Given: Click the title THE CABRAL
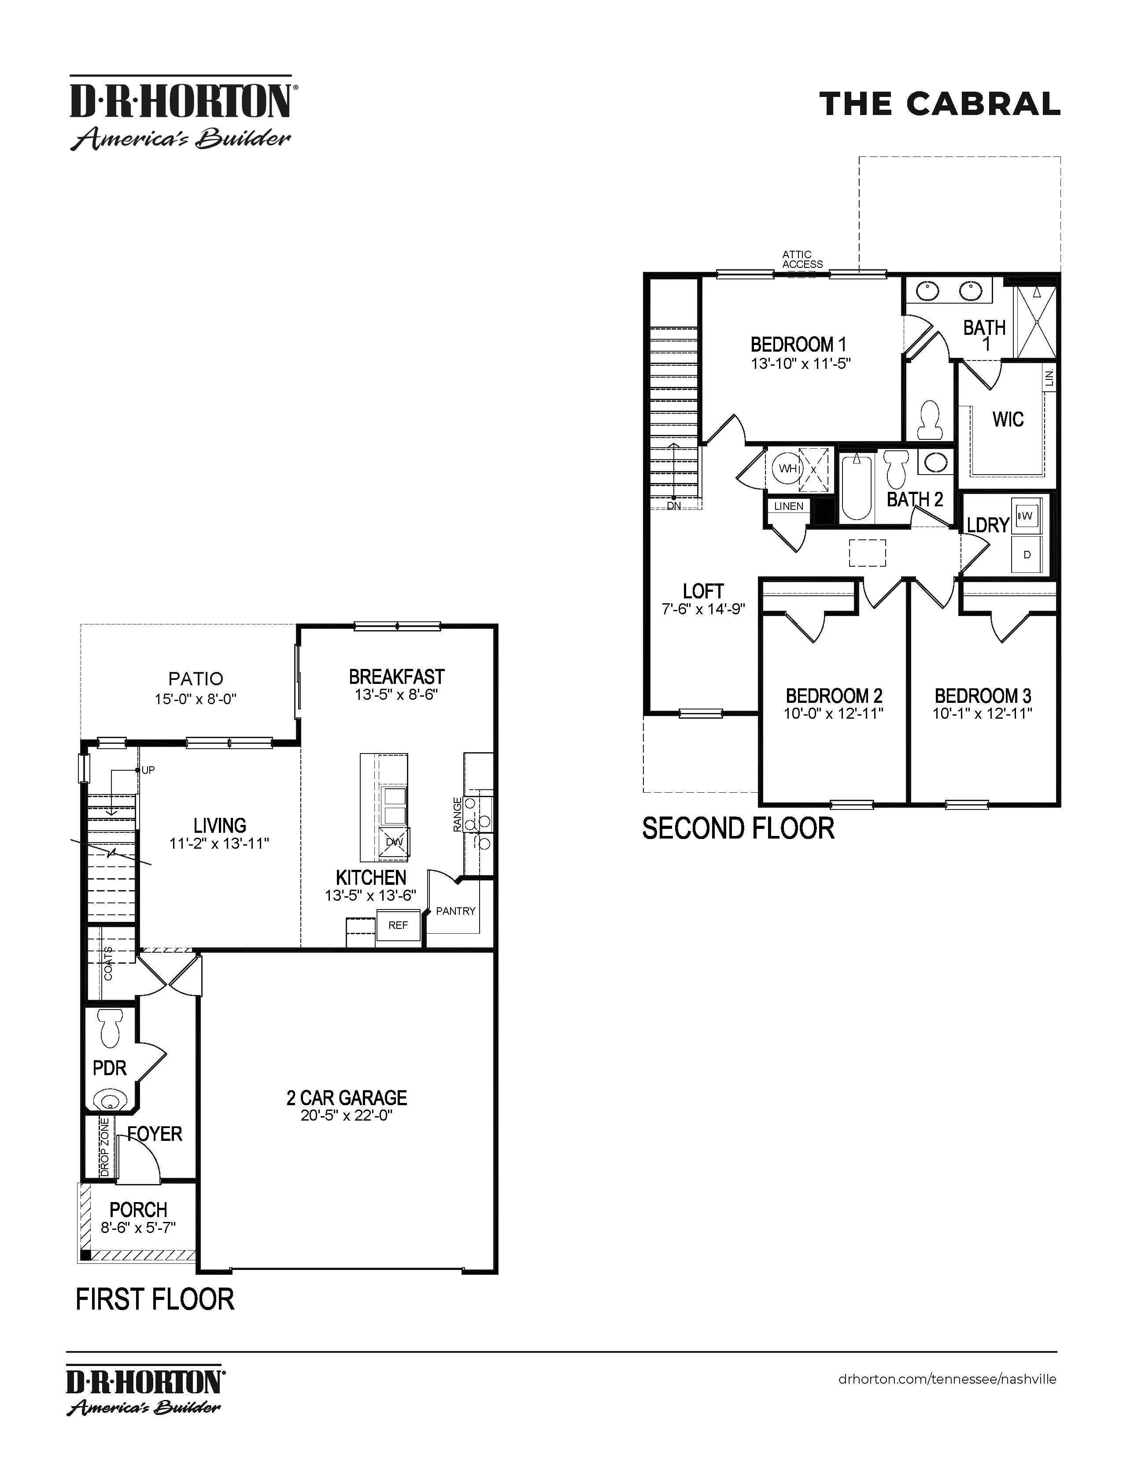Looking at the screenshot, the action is [939, 104].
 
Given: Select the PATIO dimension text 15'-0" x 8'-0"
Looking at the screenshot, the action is [196, 699].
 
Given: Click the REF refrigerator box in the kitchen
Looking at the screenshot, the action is [398, 925].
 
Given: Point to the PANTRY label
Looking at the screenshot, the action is [455, 910].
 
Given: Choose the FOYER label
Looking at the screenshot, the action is [155, 1134].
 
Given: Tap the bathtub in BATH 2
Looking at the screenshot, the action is [857, 486].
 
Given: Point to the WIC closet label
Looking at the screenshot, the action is [1008, 419].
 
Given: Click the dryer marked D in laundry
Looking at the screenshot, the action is [1027, 554].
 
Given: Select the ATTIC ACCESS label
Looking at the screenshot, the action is [802, 259].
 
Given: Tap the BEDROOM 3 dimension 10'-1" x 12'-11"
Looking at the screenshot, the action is [982, 713].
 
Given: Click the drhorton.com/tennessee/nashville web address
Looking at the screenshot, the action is [947, 1379].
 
